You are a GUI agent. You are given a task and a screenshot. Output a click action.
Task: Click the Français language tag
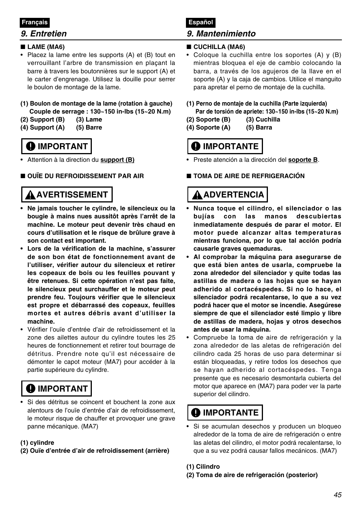(x=35, y=22)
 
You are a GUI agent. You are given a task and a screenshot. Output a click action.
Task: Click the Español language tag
(x=201, y=22)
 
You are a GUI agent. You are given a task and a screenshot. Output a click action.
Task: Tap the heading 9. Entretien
(x=44, y=33)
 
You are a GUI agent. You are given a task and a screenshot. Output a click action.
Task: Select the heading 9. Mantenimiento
(x=221, y=33)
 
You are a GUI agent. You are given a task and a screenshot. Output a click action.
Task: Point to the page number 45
(x=338, y=495)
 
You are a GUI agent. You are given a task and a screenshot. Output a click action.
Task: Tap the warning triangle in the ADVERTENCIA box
(x=197, y=195)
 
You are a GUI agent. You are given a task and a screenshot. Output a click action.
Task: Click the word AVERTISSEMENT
(x=72, y=195)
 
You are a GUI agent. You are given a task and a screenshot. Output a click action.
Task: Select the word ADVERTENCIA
(x=233, y=195)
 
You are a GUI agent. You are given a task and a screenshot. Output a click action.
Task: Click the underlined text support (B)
(x=117, y=160)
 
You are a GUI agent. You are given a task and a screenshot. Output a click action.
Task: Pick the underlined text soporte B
(x=303, y=160)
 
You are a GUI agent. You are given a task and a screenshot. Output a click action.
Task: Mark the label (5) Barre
(x=89, y=128)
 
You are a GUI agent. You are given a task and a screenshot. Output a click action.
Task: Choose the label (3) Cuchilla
(x=263, y=120)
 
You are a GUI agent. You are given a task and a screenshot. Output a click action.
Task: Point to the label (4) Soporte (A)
(x=208, y=128)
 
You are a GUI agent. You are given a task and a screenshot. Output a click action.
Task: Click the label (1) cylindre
(x=37, y=443)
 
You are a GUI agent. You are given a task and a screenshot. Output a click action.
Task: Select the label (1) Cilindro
(x=203, y=467)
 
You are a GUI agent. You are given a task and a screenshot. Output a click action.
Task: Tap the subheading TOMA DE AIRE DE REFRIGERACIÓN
(x=249, y=176)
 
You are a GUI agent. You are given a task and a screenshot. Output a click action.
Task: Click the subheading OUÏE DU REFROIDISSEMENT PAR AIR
(x=85, y=176)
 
